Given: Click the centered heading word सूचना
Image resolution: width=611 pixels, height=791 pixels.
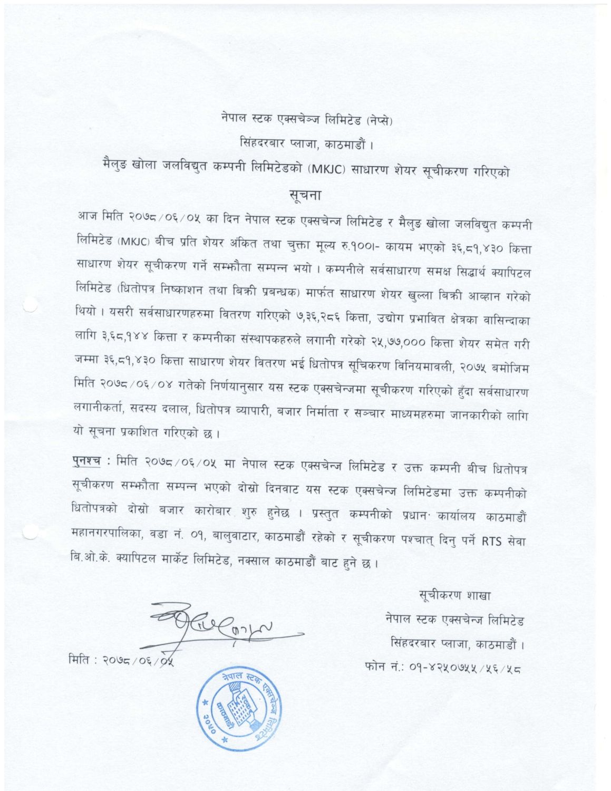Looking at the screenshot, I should coord(306,194).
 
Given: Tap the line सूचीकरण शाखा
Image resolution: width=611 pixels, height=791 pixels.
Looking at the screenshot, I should coord(455,596).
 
